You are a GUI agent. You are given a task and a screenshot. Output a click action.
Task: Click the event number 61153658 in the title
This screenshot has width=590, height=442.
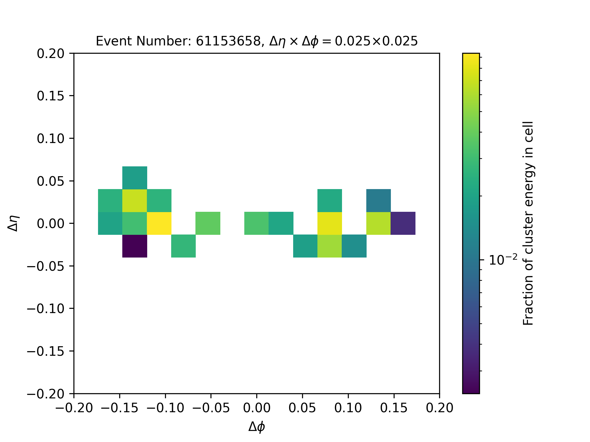coord(228,41)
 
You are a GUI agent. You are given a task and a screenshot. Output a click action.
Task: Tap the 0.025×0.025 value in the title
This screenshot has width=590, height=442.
coord(376,41)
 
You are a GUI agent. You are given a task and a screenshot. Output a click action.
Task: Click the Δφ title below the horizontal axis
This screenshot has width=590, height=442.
coord(257,427)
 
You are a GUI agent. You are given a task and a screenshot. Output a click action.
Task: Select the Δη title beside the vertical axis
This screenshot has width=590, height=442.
coord(14,223)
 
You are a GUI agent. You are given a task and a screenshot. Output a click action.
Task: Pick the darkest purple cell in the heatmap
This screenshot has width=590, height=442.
coord(135,246)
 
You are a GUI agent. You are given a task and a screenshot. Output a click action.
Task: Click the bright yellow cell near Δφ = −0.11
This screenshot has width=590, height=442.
coord(159,223)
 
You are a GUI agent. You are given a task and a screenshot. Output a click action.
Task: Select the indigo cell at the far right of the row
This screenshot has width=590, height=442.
coord(403,223)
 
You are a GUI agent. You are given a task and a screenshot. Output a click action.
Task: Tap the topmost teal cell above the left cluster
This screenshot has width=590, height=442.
coord(135,178)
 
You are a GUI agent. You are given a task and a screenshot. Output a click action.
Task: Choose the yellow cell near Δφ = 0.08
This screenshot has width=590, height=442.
coord(330,223)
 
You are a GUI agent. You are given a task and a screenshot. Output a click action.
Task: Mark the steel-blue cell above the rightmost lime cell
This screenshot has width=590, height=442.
coord(379,200)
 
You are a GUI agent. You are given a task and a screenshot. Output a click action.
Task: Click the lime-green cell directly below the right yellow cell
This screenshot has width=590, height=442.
coord(330,246)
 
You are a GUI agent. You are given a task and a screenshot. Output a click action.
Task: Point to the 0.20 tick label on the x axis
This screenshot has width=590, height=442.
coord(439,408)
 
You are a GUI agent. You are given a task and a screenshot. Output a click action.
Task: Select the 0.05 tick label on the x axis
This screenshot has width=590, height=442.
coord(302,408)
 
